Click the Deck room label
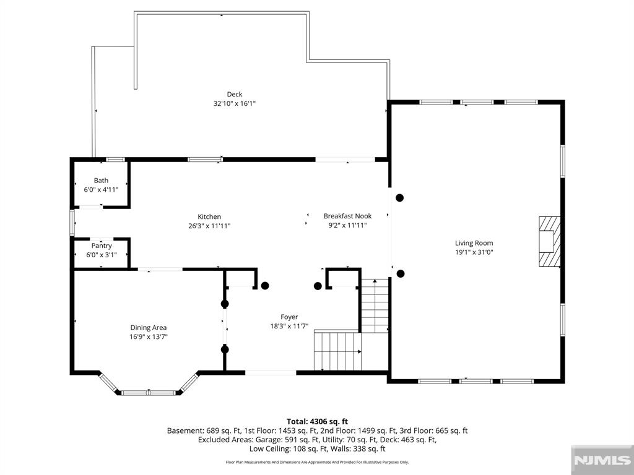(235, 95)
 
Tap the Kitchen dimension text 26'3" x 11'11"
(209, 226)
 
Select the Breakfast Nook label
(348, 216)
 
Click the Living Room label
(474, 243)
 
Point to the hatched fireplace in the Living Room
(550, 242)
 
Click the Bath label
(101, 181)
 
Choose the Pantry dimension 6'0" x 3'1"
(102, 255)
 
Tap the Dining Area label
(149, 328)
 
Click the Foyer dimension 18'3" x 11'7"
(289, 327)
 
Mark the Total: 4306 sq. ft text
(317, 422)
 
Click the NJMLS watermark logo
(602, 460)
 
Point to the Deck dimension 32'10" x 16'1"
(235, 104)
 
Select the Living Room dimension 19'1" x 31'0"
(474, 252)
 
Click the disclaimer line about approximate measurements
(317, 462)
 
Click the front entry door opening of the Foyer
(271, 372)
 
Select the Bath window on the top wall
(116, 160)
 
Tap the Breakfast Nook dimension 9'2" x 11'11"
(348, 225)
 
